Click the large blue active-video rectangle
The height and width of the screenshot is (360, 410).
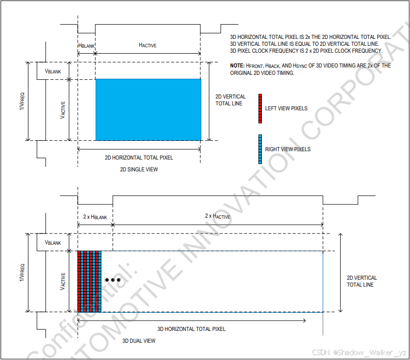[148, 109]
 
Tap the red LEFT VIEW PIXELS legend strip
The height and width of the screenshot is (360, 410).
[260, 108]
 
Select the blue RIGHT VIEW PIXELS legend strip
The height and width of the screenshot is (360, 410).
[260, 149]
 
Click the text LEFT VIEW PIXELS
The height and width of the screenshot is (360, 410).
[286, 108]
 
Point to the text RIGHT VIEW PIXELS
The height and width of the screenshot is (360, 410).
[288, 149]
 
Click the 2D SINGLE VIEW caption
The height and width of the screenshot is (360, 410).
[139, 169]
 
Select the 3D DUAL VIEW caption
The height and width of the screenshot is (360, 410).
[139, 341]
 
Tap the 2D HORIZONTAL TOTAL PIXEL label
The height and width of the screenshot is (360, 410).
[139, 158]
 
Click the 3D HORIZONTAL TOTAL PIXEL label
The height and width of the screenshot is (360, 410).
[191, 328]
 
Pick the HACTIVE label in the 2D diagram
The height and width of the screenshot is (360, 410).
[148, 45]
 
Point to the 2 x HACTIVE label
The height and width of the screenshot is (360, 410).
[218, 216]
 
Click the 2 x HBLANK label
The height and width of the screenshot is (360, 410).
[95, 217]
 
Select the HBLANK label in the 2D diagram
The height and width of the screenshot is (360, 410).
[86, 45]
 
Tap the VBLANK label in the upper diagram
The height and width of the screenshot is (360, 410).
[53, 71]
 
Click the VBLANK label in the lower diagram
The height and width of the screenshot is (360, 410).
[53, 242]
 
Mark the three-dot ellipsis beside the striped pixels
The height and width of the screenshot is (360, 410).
[113, 280]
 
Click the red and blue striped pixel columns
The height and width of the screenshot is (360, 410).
[89, 281]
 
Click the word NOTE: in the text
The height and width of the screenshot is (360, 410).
[237, 65]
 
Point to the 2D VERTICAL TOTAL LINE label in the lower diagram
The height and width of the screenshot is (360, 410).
[362, 281]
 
